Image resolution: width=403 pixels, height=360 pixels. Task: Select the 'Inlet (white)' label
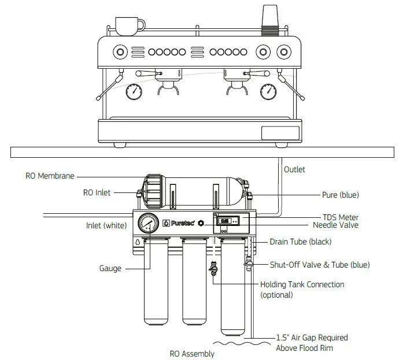[106, 225]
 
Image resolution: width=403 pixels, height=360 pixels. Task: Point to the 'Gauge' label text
[110, 268]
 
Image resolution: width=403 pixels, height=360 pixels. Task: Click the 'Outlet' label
[294, 169]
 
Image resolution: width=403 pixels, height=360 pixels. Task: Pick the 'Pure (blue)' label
[340, 195]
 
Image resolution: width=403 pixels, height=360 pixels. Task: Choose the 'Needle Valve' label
[335, 225]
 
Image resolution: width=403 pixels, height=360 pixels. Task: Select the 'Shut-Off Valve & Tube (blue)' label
[320, 265]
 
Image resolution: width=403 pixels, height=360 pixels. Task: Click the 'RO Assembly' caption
[192, 354]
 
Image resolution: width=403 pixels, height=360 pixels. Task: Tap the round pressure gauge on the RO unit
[148, 223]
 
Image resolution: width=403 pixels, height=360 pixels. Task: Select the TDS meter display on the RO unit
[225, 220]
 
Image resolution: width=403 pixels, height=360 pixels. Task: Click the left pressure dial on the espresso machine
[134, 91]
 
